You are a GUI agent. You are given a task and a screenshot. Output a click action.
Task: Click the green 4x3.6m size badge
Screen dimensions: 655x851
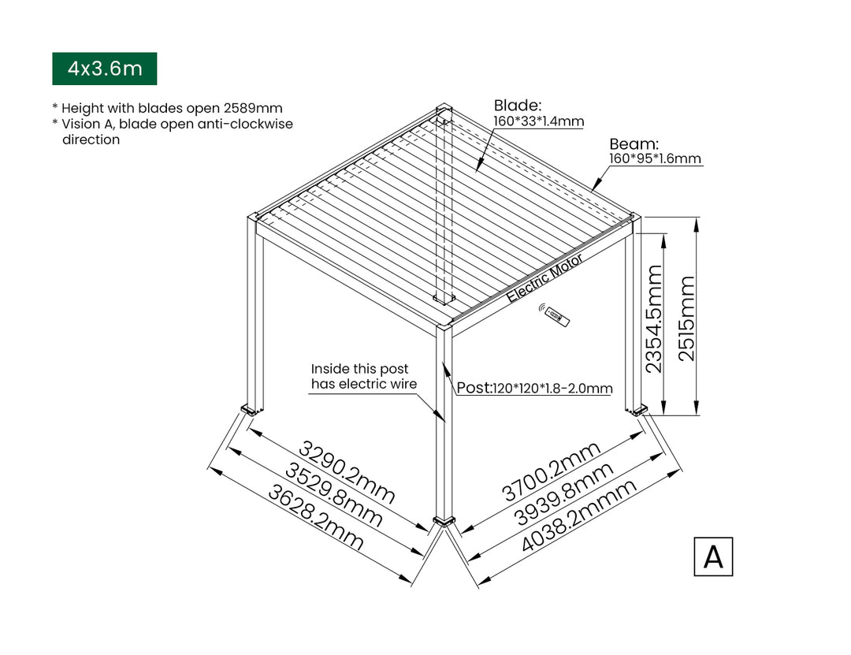pyautogui.click(x=105, y=69)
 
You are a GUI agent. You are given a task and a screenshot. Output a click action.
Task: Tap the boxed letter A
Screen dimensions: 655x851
pyautogui.click(x=713, y=556)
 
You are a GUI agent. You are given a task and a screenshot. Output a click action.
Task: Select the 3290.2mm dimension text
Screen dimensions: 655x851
pyautogui.click(x=347, y=474)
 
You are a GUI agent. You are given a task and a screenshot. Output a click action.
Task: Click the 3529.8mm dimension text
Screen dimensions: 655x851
pyautogui.click(x=333, y=496)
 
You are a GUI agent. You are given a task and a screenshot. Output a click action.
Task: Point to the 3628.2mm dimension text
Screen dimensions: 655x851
pyautogui.click(x=316, y=518)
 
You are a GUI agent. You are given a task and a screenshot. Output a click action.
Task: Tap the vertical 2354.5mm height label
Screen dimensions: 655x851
pyautogui.click(x=654, y=318)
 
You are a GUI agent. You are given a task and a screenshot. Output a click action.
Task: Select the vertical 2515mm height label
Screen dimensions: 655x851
pyautogui.click(x=687, y=318)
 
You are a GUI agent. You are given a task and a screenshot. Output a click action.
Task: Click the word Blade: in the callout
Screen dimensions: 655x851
pyautogui.click(x=517, y=106)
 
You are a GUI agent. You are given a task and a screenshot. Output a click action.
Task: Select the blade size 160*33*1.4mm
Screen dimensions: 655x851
pyautogui.click(x=539, y=121)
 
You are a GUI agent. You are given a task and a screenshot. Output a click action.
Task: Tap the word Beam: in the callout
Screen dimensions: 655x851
pyautogui.click(x=634, y=144)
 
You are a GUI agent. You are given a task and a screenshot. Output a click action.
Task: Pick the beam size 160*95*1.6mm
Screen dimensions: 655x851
pyautogui.click(x=655, y=158)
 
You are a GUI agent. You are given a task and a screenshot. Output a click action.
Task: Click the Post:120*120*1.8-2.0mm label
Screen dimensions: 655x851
pyautogui.click(x=534, y=389)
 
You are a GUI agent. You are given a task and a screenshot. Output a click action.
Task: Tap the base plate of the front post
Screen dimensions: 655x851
pyautogui.click(x=444, y=520)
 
